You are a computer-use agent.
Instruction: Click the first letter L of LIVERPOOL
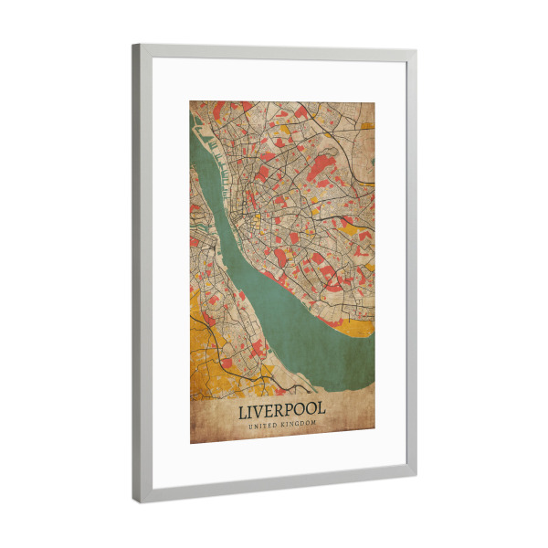coord(242,413)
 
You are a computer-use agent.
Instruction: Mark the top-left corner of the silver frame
coord(134,45)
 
